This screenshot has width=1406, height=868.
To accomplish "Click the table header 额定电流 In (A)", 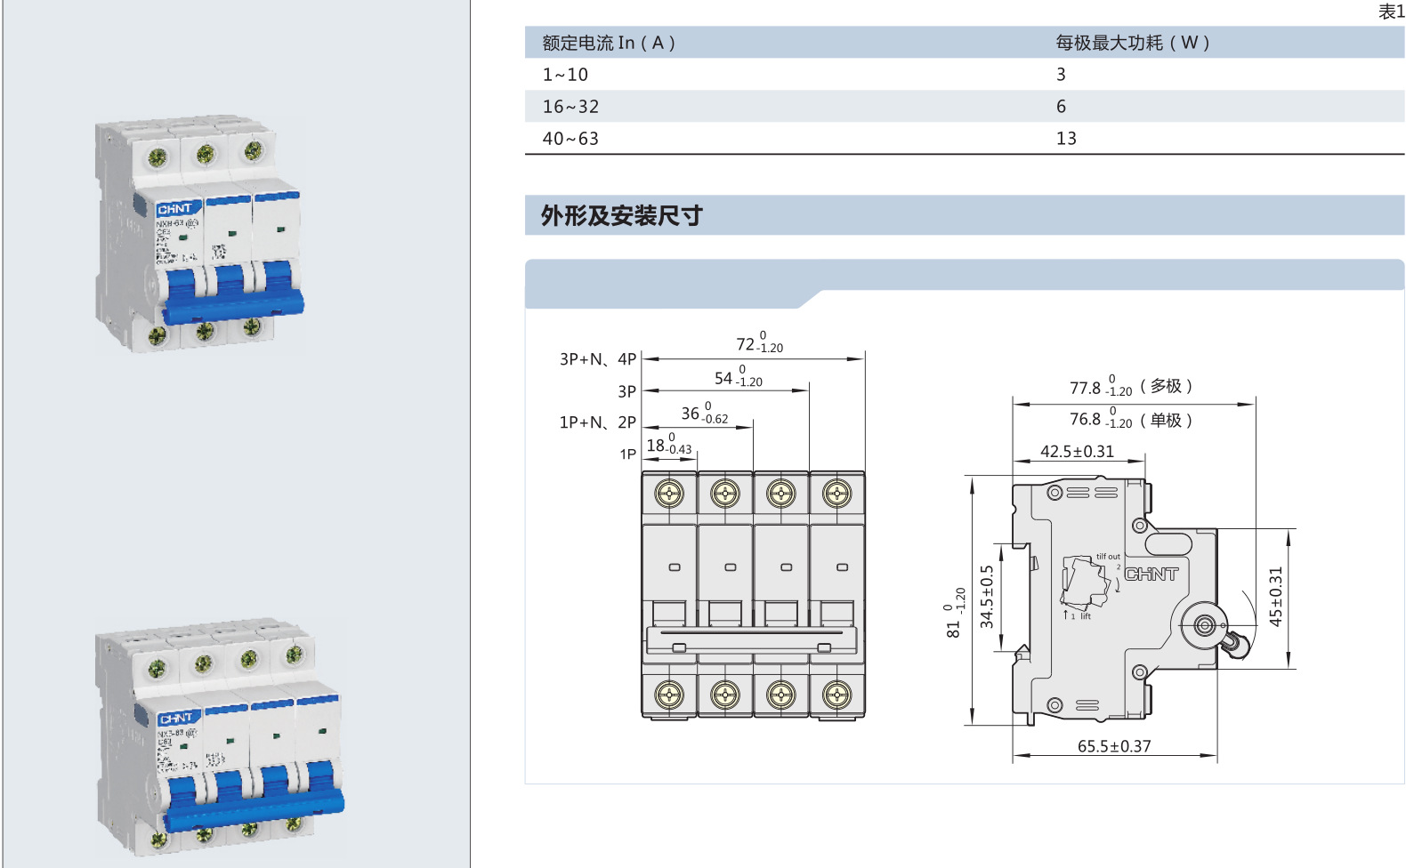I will [609, 43].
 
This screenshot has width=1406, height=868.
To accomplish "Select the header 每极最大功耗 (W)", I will [1132, 43].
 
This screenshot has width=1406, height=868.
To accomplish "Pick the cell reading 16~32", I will [570, 107].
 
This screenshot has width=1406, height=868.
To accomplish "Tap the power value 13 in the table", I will [1066, 139].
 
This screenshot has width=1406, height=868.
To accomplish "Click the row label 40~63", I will [570, 139].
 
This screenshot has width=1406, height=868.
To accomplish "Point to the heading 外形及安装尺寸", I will [621, 215].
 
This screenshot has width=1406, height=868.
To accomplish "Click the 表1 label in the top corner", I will [1390, 12].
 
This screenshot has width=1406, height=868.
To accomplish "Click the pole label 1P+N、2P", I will [597, 422].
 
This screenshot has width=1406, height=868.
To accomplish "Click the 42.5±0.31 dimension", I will [1077, 452].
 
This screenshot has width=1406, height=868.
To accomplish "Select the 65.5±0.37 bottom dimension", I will [1113, 746].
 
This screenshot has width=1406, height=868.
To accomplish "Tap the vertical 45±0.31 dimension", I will [1275, 597].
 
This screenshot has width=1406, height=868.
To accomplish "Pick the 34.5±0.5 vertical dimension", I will [986, 597].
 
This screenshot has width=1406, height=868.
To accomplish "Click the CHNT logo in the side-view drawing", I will [1151, 575].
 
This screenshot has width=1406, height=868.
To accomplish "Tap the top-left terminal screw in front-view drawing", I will [669, 493].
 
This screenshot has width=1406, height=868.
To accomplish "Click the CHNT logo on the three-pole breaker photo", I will [174, 209].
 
